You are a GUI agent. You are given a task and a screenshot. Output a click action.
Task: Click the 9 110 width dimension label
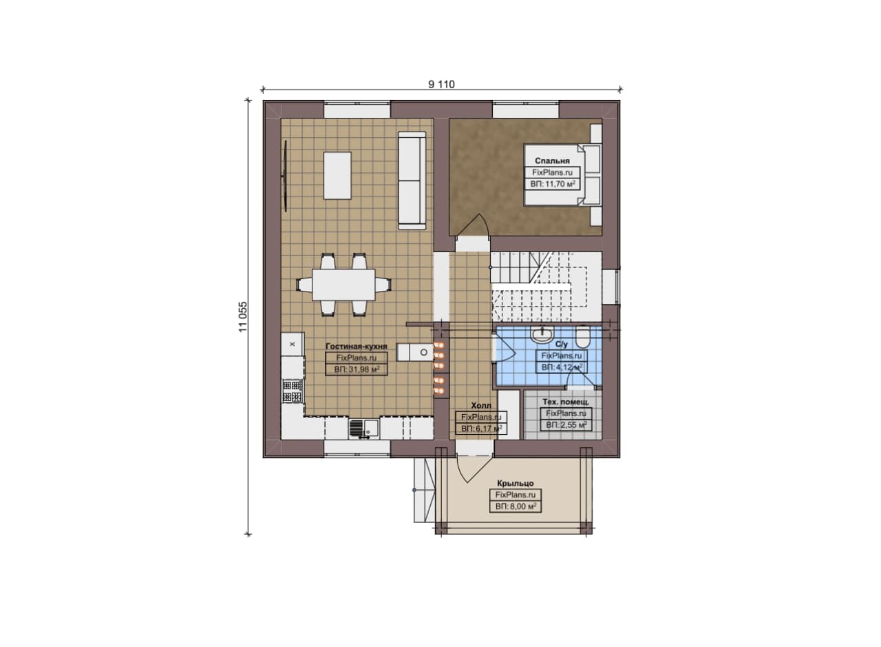click(x=441, y=85)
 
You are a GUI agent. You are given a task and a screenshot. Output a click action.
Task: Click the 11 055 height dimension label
click(x=243, y=316)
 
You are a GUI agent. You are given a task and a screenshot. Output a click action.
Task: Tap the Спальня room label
click(x=552, y=161)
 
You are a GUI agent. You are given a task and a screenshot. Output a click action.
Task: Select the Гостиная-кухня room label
click(x=357, y=347)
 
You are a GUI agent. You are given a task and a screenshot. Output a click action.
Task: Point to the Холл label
click(x=481, y=406)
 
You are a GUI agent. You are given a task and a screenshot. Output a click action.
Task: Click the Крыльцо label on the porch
click(x=516, y=483)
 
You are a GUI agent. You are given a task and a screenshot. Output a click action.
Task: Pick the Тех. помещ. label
click(x=566, y=402)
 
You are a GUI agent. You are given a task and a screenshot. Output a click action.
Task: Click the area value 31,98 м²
click(x=357, y=370)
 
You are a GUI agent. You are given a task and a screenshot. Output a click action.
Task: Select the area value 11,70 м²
click(x=553, y=184)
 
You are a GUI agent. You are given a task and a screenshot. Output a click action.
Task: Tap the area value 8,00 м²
click(x=516, y=506)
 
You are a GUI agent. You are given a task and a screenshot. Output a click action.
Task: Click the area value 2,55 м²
click(x=566, y=425)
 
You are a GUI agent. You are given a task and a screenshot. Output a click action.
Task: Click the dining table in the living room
click(x=343, y=285)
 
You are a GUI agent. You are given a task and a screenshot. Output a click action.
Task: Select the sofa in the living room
click(x=412, y=181)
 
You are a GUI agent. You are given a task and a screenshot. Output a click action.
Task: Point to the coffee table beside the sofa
click(x=337, y=176)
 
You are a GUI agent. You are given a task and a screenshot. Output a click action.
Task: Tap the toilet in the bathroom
click(x=582, y=337)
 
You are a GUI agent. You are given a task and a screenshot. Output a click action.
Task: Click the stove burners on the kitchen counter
click(x=293, y=391)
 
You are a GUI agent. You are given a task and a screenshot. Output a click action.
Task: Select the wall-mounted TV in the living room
click(x=284, y=176)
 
